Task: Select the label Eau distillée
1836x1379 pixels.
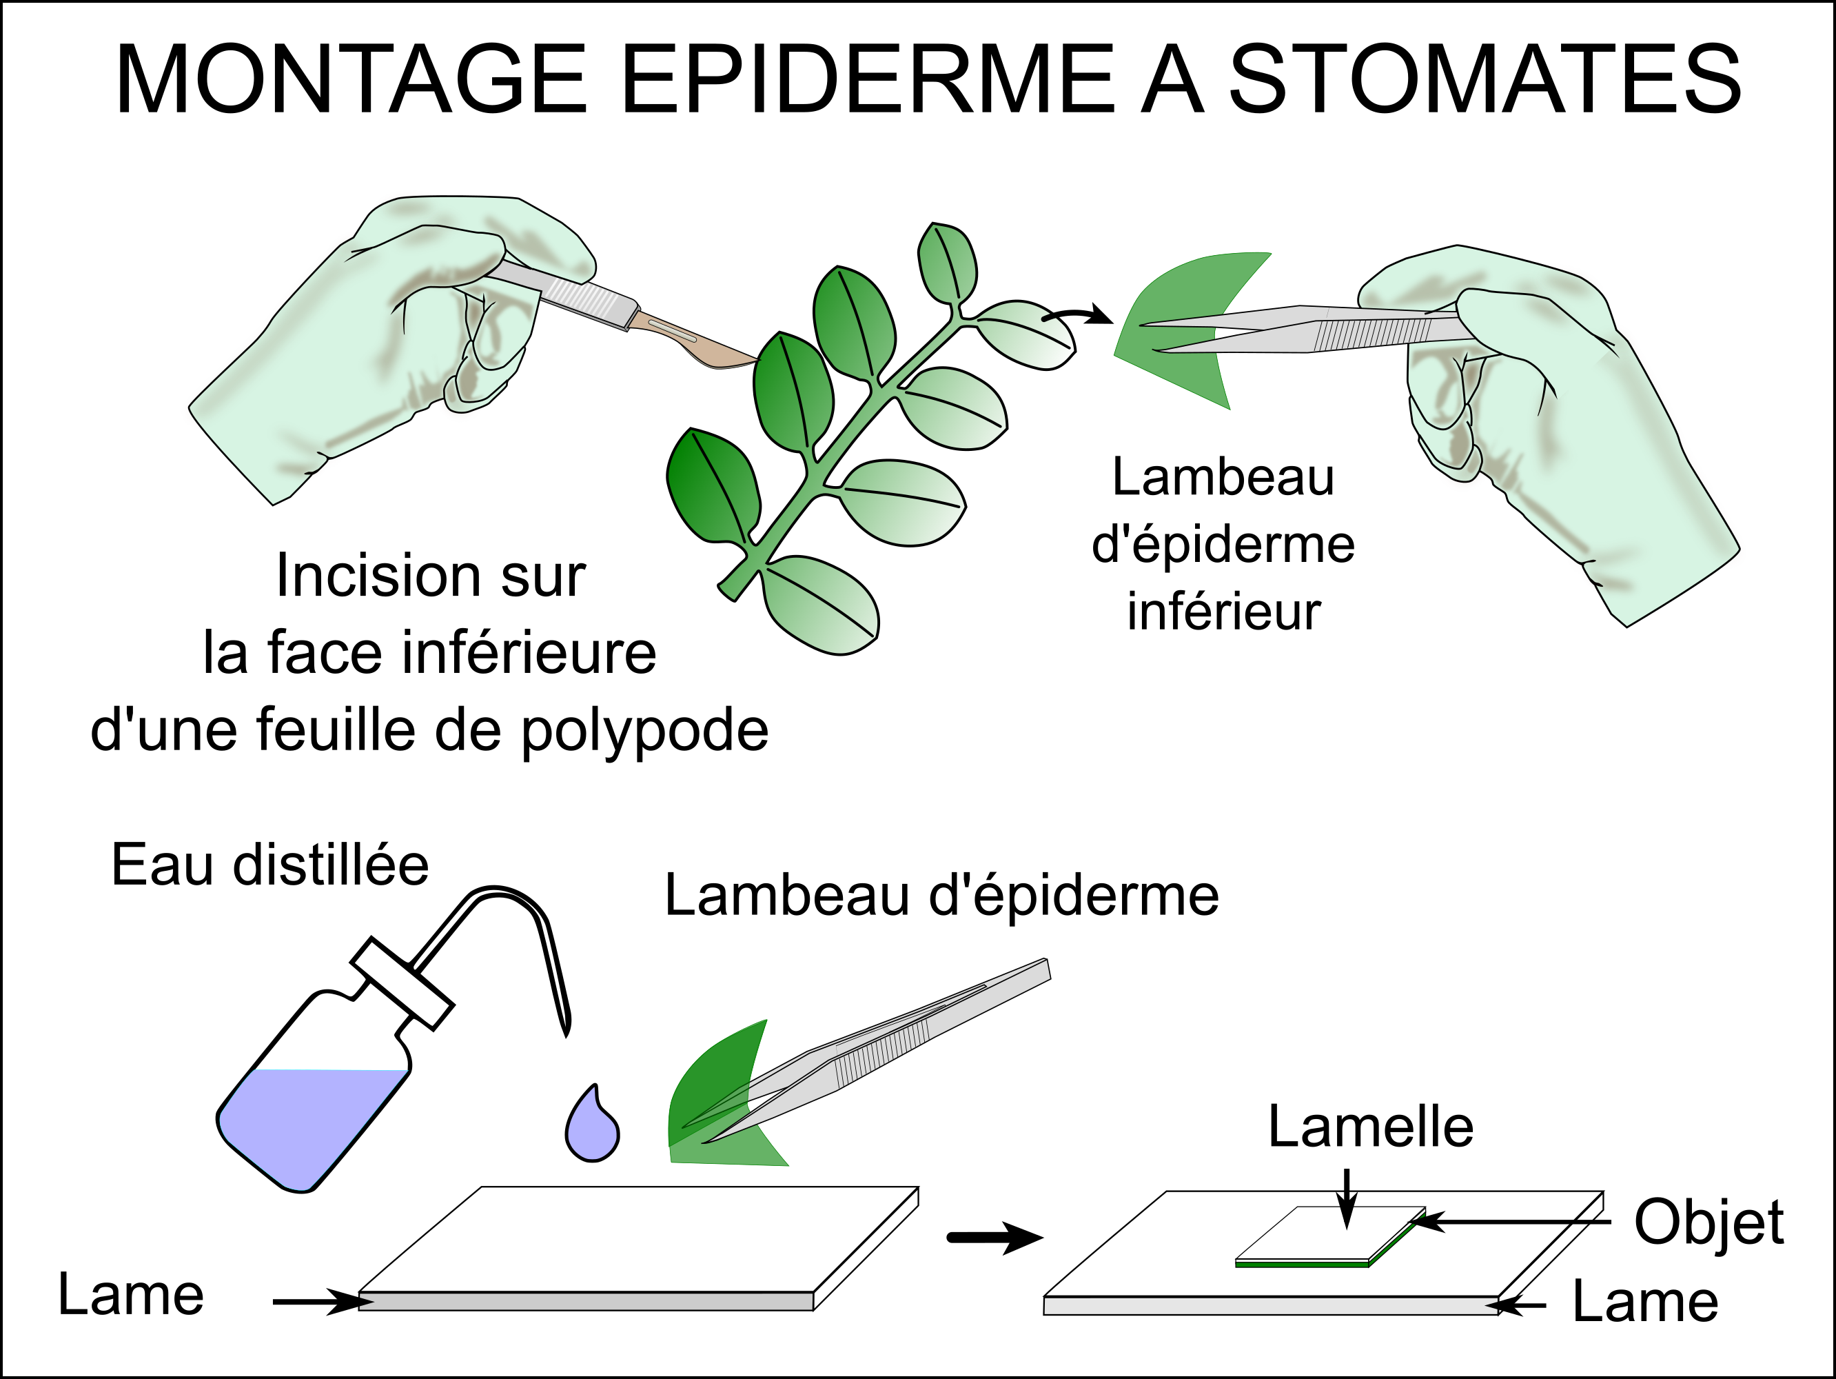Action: (269, 865)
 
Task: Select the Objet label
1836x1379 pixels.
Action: (1708, 1222)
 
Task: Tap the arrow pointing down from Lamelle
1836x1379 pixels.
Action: (1347, 1196)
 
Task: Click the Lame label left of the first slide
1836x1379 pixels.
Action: (130, 1295)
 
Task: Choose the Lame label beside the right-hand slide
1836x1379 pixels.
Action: (1645, 1301)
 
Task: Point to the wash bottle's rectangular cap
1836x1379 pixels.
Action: (402, 984)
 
